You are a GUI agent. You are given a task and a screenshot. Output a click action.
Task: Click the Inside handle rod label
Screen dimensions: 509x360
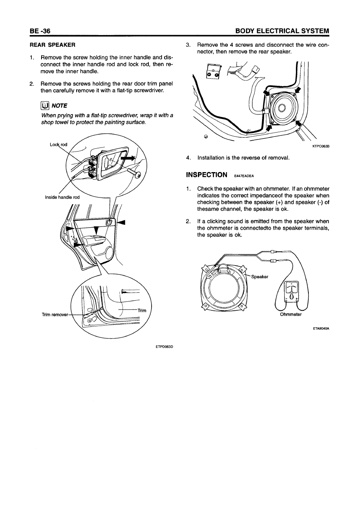click(x=62, y=197)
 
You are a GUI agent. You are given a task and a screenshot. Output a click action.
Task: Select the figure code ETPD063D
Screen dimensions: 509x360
click(x=164, y=346)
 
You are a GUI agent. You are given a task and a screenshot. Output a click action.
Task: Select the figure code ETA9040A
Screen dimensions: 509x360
click(x=321, y=328)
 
